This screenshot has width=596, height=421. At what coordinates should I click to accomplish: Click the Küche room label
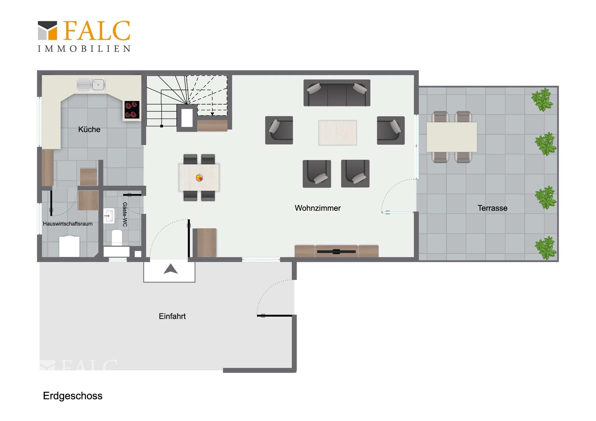[x=89, y=129]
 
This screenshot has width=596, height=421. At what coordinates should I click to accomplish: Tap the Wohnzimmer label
[x=318, y=208]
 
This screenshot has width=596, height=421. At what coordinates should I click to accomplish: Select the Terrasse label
[x=492, y=208]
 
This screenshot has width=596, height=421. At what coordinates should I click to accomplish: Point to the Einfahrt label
[x=172, y=316]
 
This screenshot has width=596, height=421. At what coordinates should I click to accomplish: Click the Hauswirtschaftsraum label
[x=68, y=224]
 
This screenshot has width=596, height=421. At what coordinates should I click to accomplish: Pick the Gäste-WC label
[x=125, y=214]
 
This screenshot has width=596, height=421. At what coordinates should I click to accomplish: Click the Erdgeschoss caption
[x=73, y=396]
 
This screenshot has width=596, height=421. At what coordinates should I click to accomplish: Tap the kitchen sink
[x=91, y=85]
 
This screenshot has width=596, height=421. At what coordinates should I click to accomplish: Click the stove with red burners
[x=132, y=110]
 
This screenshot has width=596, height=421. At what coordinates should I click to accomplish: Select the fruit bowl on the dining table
[x=199, y=178]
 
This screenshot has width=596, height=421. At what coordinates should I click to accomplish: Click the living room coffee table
[x=337, y=132]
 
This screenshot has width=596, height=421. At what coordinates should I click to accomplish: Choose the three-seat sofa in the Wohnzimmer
[x=337, y=93]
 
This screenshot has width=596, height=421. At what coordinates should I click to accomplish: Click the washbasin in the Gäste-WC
[x=109, y=216]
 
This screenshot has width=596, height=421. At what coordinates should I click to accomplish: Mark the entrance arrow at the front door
[x=170, y=269]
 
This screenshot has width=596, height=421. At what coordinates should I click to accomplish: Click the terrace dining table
[x=452, y=137]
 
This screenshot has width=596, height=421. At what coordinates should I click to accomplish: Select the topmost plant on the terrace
[x=542, y=99]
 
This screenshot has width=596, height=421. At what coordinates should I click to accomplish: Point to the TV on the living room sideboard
[x=336, y=251]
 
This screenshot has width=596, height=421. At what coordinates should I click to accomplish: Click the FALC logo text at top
[x=97, y=31]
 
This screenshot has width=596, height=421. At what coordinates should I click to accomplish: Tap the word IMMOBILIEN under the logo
[x=84, y=49]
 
